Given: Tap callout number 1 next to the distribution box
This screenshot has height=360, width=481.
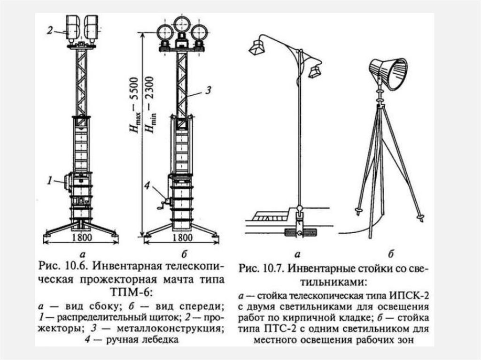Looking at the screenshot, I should tap(49, 179).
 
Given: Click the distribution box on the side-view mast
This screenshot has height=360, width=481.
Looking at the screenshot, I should tap(68, 182).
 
